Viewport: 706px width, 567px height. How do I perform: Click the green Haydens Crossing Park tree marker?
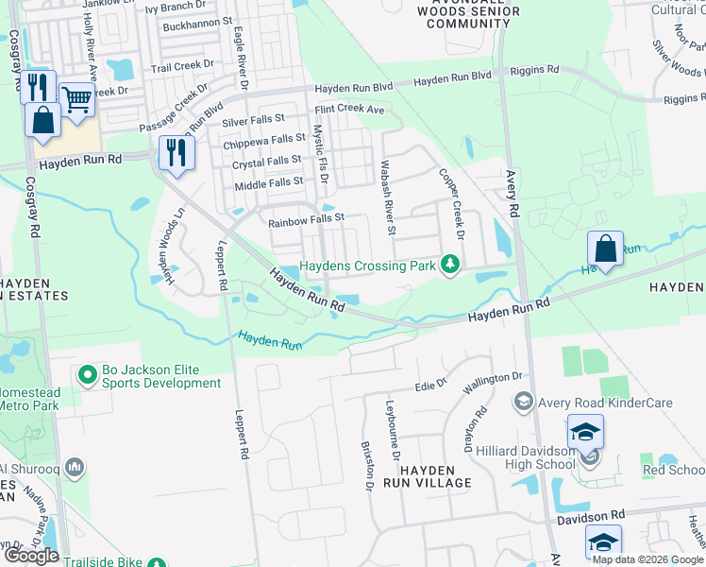pos(451,265)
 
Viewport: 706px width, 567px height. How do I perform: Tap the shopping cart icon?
pos(77,98)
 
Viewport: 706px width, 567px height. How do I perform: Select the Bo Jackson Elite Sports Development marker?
pos(88,375)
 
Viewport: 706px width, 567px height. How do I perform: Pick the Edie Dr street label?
pos(431,387)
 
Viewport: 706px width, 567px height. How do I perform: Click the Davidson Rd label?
pos(590,515)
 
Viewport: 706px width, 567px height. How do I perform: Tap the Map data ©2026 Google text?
pos(646,559)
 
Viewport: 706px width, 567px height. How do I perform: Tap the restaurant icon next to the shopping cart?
pos(38,88)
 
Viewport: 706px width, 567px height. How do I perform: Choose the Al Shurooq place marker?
pos(76,467)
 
